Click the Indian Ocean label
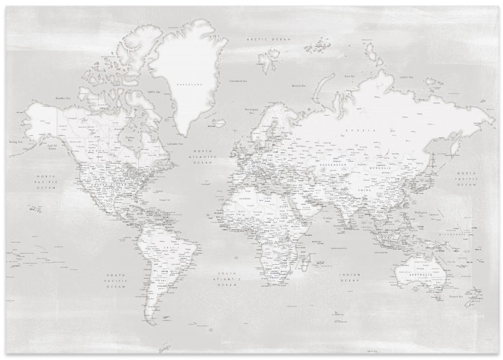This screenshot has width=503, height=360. [349, 277]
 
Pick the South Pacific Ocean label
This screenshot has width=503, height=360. [115, 280]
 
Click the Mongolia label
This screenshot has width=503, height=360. [381, 168]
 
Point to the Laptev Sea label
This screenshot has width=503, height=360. [405, 77]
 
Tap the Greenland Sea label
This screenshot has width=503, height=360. [237, 81]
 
